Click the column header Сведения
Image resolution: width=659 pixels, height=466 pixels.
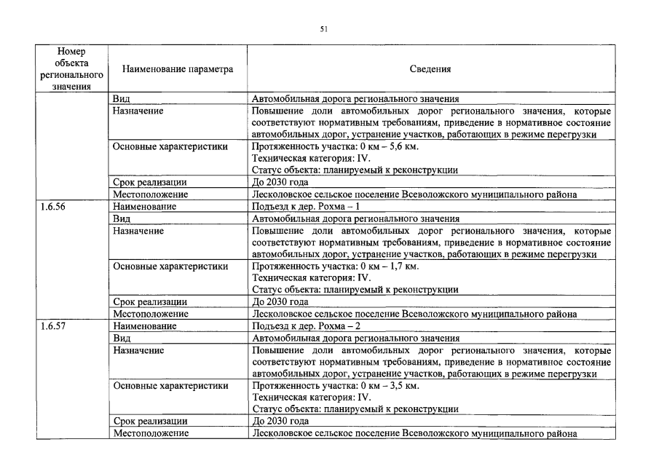[x=430, y=70]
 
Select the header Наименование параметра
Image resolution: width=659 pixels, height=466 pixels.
[x=178, y=70]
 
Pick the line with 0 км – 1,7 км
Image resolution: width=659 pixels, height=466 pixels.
[x=335, y=266]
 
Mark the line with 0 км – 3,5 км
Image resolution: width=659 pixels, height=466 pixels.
[x=335, y=386]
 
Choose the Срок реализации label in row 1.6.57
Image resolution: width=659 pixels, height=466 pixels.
[x=150, y=422]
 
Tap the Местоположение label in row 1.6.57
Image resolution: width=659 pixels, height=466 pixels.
[x=150, y=433]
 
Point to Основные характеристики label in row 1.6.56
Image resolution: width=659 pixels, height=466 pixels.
[x=170, y=266]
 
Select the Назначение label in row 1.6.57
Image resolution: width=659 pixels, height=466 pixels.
[x=138, y=350]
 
